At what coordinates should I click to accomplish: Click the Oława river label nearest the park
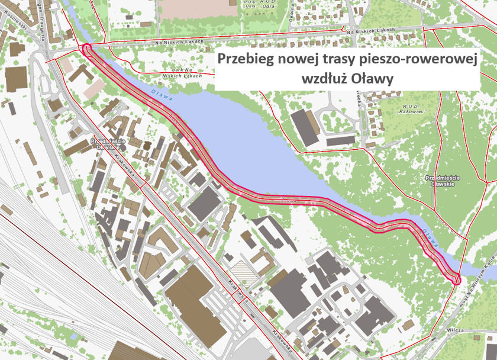(x=161, y=95)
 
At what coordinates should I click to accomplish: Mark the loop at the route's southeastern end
(x=456, y=277)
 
